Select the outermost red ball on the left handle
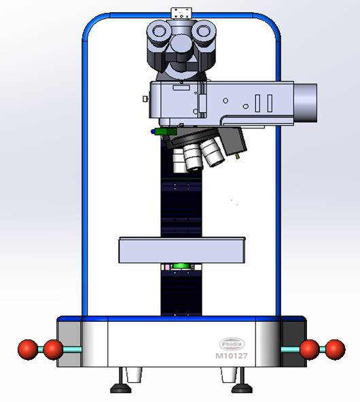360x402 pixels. (28, 350)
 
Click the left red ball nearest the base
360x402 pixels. (53, 350)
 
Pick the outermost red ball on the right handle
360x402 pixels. (334, 350)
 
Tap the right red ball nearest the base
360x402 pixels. (309, 350)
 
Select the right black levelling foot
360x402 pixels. (242, 388)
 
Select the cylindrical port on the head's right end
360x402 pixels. (306, 103)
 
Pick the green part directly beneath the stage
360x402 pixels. (181, 266)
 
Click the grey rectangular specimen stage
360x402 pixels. (181, 250)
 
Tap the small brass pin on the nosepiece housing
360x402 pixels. (238, 156)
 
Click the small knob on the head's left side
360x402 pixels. (145, 99)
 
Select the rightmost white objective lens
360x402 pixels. (215, 156)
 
